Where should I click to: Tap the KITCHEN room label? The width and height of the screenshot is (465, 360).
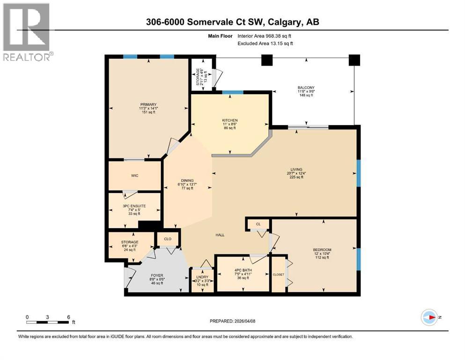[230, 120]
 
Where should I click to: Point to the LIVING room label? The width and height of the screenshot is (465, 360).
[296, 170]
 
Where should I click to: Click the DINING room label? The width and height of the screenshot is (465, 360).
[187, 180]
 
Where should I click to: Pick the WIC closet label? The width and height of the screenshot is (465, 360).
[135, 176]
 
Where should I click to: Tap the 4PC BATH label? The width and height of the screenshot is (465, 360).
[243, 269]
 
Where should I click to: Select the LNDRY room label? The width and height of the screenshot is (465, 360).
[201, 277]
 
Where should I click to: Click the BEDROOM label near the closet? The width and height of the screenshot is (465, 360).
[322, 249]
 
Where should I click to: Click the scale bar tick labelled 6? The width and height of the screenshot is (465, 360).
[68, 317]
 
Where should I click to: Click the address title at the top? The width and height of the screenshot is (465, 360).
[233, 22]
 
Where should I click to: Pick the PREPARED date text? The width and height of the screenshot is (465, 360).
[233, 321]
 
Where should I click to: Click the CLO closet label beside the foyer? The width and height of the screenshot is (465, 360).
[168, 239]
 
